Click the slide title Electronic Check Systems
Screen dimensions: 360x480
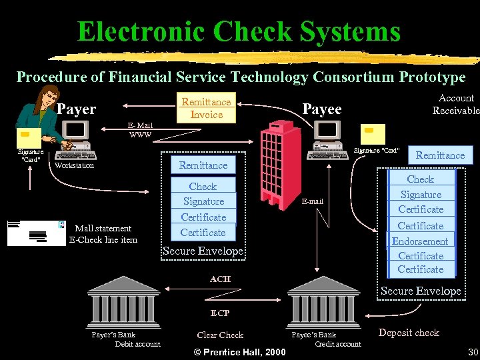coord(239,31)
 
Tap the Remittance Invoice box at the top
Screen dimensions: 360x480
coord(207,108)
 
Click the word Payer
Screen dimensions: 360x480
coord(77,109)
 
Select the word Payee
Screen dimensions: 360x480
coord(322,109)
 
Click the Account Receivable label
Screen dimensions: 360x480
coord(455,104)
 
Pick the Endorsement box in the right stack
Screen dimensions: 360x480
coord(420,241)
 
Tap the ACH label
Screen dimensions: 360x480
coord(220,279)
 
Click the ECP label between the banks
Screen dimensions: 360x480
coord(220,313)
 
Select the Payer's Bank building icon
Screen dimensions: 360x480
coord(123,299)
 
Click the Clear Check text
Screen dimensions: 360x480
coord(220,335)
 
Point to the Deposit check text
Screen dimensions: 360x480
coord(409,333)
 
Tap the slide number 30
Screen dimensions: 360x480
coord(473,352)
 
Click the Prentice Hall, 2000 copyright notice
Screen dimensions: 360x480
coord(239,352)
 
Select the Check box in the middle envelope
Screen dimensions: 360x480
coord(203,187)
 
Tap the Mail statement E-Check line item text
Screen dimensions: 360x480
coord(103,234)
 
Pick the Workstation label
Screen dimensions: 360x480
coord(74,165)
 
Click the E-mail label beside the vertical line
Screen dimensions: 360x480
coord(312,201)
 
